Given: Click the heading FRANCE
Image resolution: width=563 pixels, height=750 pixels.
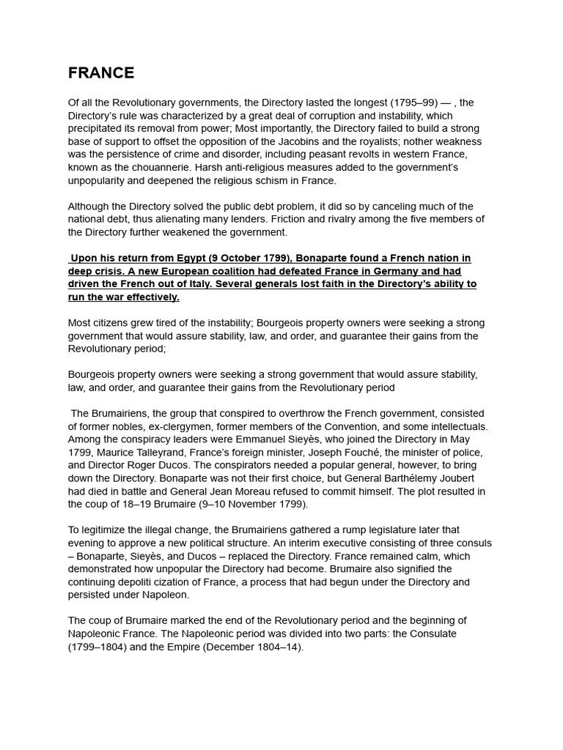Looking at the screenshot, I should [101, 73].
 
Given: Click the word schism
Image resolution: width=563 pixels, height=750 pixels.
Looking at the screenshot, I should [273, 181].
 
